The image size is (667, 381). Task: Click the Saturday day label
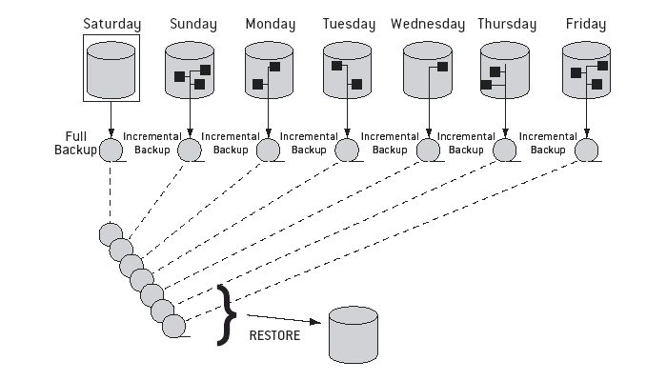tap(111, 23)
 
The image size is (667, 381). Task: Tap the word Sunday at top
tap(192, 23)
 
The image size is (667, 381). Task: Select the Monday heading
tap(270, 23)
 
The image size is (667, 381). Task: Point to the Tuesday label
tap(349, 23)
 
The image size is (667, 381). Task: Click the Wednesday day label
tap(428, 23)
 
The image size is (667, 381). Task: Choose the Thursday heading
tap(506, 23)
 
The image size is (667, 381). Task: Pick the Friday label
tap(584, 23)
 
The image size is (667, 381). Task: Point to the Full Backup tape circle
tap(111, 150)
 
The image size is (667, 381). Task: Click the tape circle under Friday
tap(586, 150)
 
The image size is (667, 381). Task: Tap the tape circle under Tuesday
tap(349, 150)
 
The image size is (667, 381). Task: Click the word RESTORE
tap(274, 335)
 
